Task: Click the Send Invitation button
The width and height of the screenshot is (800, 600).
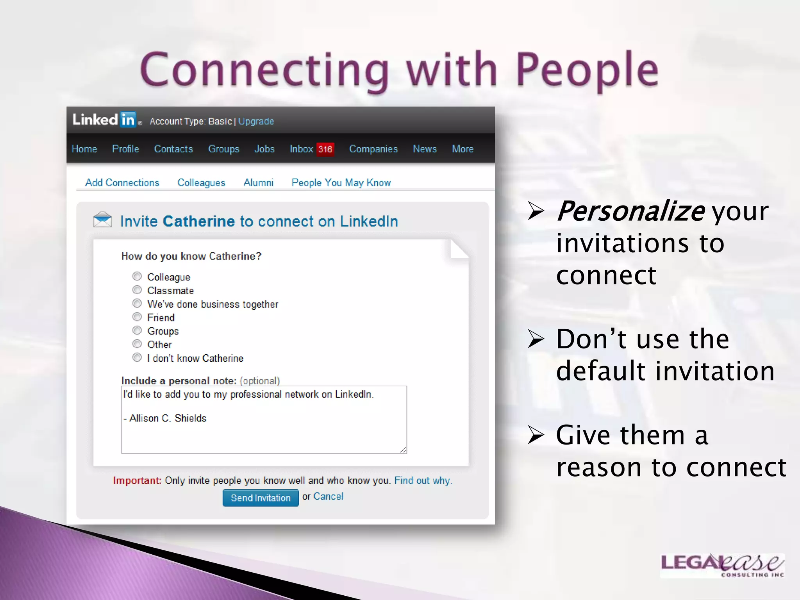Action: click(x=261, y=498)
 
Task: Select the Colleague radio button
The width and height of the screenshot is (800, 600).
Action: click(x=137, y=277)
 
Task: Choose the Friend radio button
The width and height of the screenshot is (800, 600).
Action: click(x=137, y=317)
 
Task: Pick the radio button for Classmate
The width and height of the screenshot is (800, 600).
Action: click(x=137, y=290)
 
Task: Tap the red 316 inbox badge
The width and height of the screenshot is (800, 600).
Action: click(x=325, y=149)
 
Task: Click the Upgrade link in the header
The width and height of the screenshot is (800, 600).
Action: click(x=256, y=121)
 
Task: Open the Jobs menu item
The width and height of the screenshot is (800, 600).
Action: click(x=264, y=149)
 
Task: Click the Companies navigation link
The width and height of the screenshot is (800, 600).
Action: click(x=373, y=149)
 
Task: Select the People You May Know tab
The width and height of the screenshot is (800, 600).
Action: click(x=341, y=183)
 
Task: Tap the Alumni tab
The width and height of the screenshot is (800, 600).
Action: click(x=258, y=183)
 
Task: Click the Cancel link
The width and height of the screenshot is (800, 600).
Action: click(x=328, y=496)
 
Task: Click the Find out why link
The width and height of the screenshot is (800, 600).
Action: click(x=423, y=480)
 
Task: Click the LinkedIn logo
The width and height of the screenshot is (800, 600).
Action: click(x=104, y=120)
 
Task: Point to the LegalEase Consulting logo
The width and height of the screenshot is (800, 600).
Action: click(x=722, y=565)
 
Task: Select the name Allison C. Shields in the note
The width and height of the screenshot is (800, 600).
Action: click(x=168, y=418)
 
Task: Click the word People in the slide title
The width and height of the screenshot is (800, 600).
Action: click(x=587, y=70)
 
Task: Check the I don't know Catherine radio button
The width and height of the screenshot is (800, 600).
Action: click(x=137, y=357)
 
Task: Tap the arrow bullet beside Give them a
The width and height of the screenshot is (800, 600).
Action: click(x=536, y=435)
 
